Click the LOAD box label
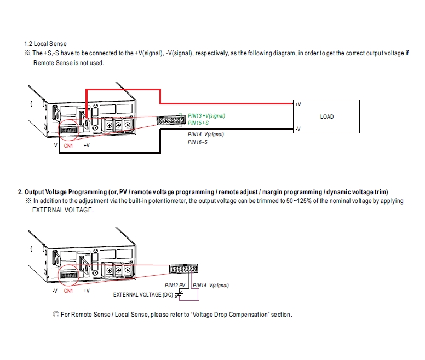tap(327, 117)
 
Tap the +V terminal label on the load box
tap(297, 104)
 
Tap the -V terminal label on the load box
tap(297, 129)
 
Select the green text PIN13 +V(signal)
tap(206, 116)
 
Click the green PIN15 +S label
tap(198, 123)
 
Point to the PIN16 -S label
tap(197, 142)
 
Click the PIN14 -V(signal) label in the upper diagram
tap(206, 135)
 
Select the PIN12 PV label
tap(176, 286)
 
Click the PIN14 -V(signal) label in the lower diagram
tap(211, 286)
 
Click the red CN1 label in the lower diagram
tap(68, 291)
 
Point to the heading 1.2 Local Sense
tap(45, 43)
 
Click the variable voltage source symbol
tap(177, 296)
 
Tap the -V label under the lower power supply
tap(55, 291)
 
